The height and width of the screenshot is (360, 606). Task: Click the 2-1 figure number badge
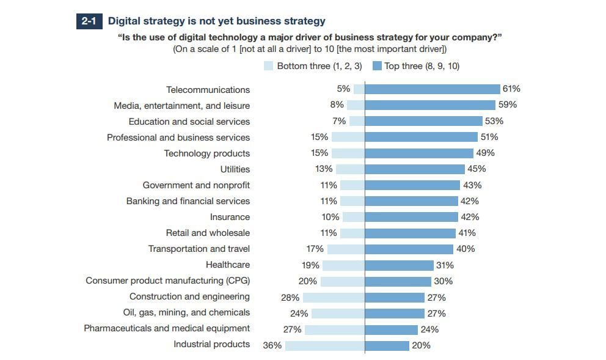point(89,21)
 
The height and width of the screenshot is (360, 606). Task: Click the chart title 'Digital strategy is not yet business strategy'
point(217,21)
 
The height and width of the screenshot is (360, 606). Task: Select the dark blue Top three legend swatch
point(377,66)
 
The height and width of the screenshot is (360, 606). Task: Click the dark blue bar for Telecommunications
point(432,89)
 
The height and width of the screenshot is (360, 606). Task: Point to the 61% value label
point(511,89)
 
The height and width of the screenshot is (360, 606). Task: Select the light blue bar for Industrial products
point(324,345)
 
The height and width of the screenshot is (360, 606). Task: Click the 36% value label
point(272,345)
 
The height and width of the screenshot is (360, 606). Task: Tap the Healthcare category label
point(228,265)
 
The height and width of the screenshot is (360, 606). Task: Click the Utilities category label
point(235,169)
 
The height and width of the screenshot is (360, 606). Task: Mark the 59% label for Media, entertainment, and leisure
point(507,105)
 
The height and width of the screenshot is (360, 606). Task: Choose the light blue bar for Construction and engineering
point(334,297)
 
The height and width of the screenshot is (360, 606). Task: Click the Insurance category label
point(230,217)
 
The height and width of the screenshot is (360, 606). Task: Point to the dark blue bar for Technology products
point(418,153)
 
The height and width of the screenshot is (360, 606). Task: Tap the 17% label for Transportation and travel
point(315,249)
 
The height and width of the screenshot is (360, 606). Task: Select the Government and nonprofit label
point(196,185)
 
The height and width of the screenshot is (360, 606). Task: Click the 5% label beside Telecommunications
point(343,89)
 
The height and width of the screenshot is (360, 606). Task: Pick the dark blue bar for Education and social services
point(423,121)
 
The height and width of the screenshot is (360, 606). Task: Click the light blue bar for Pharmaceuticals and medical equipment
point(335,329)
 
